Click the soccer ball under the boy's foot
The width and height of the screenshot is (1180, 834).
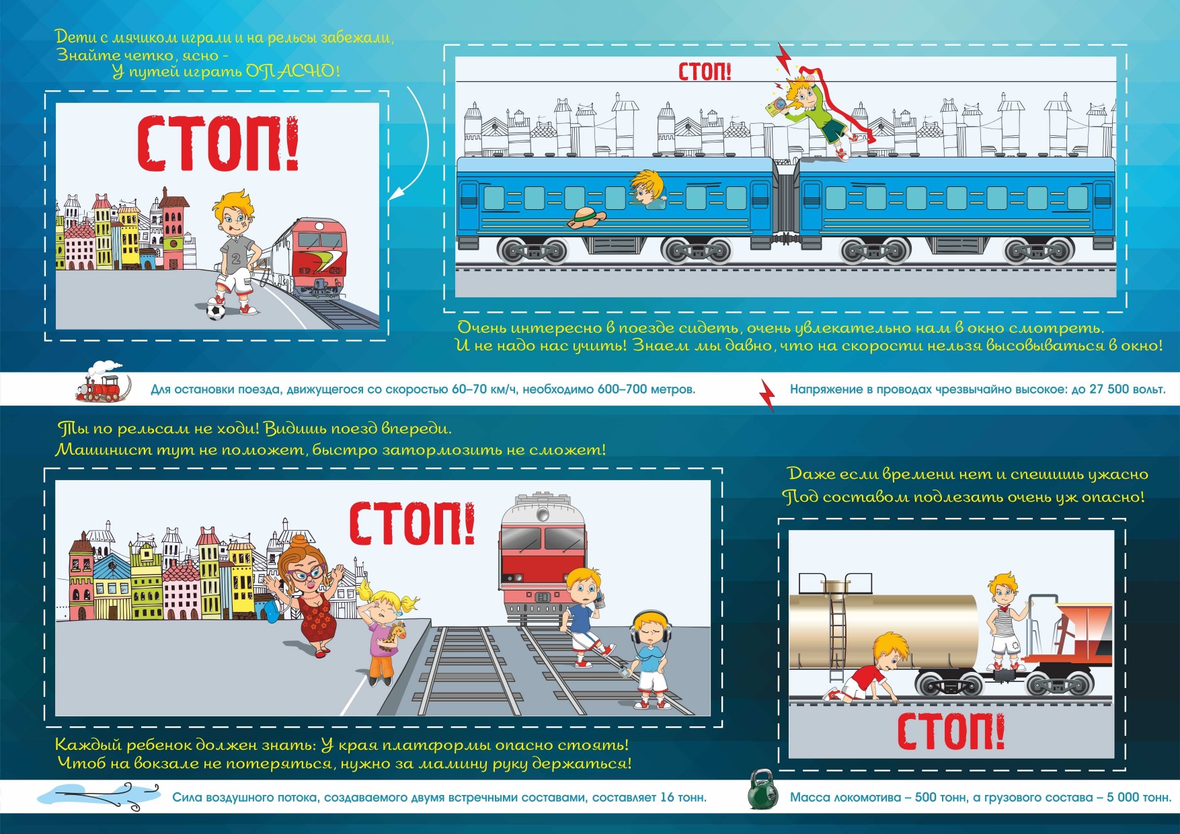pos(216,311)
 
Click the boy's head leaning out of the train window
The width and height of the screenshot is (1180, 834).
pos(647,186)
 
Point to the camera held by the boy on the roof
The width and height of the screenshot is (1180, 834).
pos(776,105)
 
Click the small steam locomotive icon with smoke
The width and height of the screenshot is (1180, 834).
pos(100,384)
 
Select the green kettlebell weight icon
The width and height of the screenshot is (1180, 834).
pos(763,790)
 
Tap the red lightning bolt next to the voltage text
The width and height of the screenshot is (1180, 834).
pos(767,395)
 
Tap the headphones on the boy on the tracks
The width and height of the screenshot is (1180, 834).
pos(649,625)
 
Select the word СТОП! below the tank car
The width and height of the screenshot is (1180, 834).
pos(951,732)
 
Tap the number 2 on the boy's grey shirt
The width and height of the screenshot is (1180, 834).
pos(236,258)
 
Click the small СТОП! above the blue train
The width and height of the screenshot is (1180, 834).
pos(705,71)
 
